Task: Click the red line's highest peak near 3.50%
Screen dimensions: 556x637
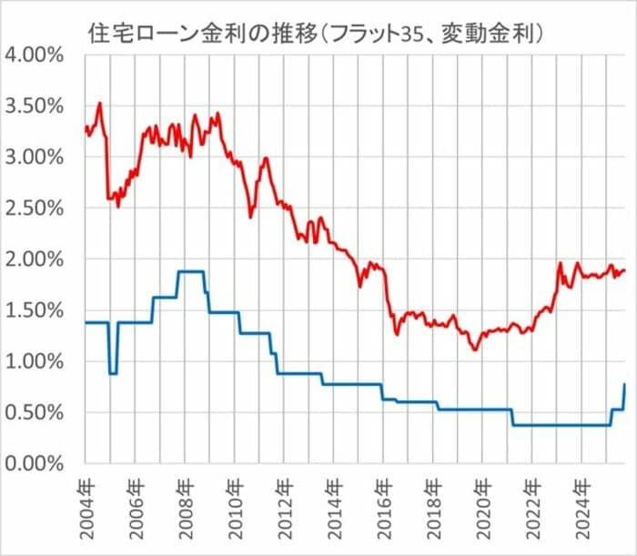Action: pos(99,103)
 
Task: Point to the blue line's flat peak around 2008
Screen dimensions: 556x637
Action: pos(190,271)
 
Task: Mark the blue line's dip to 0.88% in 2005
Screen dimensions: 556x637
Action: pos(113,373)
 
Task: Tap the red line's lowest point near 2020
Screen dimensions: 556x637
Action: pos(474,349)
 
